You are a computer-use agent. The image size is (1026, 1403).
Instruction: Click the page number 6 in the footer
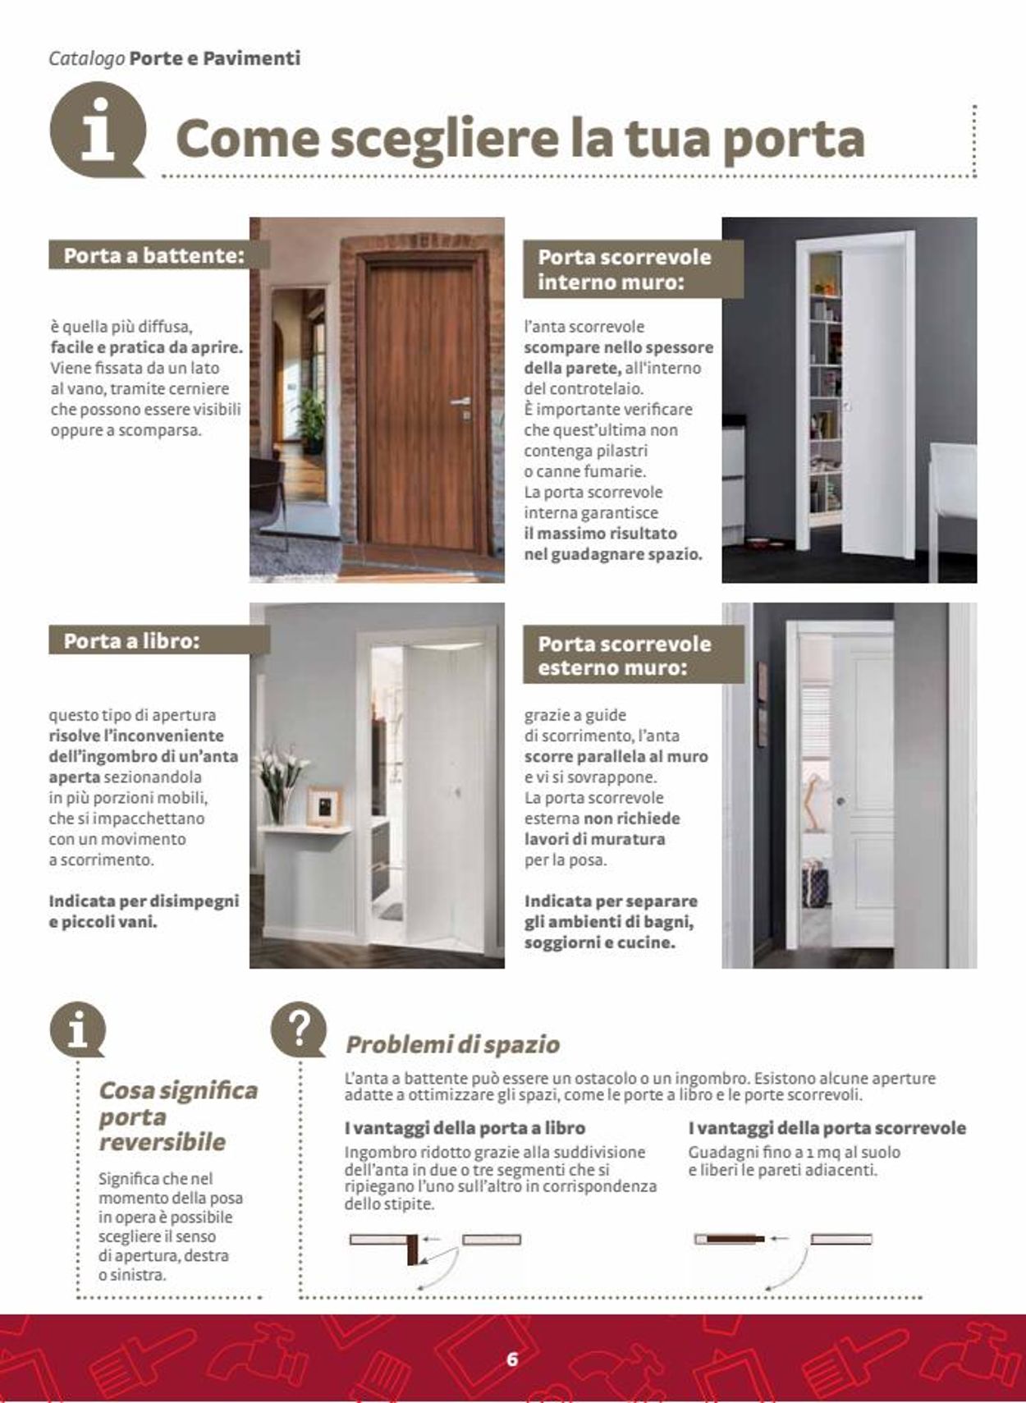(512, 1359)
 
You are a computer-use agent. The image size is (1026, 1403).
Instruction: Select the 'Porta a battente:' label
(154, 255)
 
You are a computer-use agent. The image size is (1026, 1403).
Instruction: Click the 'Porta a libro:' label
(132, 640)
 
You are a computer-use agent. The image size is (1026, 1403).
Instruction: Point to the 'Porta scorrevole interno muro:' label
(625, 268)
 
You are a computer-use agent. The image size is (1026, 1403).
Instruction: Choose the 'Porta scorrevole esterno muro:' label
(625, 655)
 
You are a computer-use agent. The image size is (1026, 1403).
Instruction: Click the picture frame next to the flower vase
(324, 805)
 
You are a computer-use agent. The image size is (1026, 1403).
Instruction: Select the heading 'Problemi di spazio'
(452, 1044)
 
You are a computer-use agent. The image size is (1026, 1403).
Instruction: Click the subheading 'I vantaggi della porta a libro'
(465, 1128)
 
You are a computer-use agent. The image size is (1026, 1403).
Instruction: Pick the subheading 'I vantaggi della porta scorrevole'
(827, 1128)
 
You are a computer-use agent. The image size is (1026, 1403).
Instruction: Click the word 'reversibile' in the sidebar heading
(162, 1142)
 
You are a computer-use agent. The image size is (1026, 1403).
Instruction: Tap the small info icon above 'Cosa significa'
(77, 1029)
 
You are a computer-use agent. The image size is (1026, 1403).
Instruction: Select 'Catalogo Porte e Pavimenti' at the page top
(174, 58)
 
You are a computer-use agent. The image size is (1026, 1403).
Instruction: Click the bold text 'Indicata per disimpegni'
(144, 901)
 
